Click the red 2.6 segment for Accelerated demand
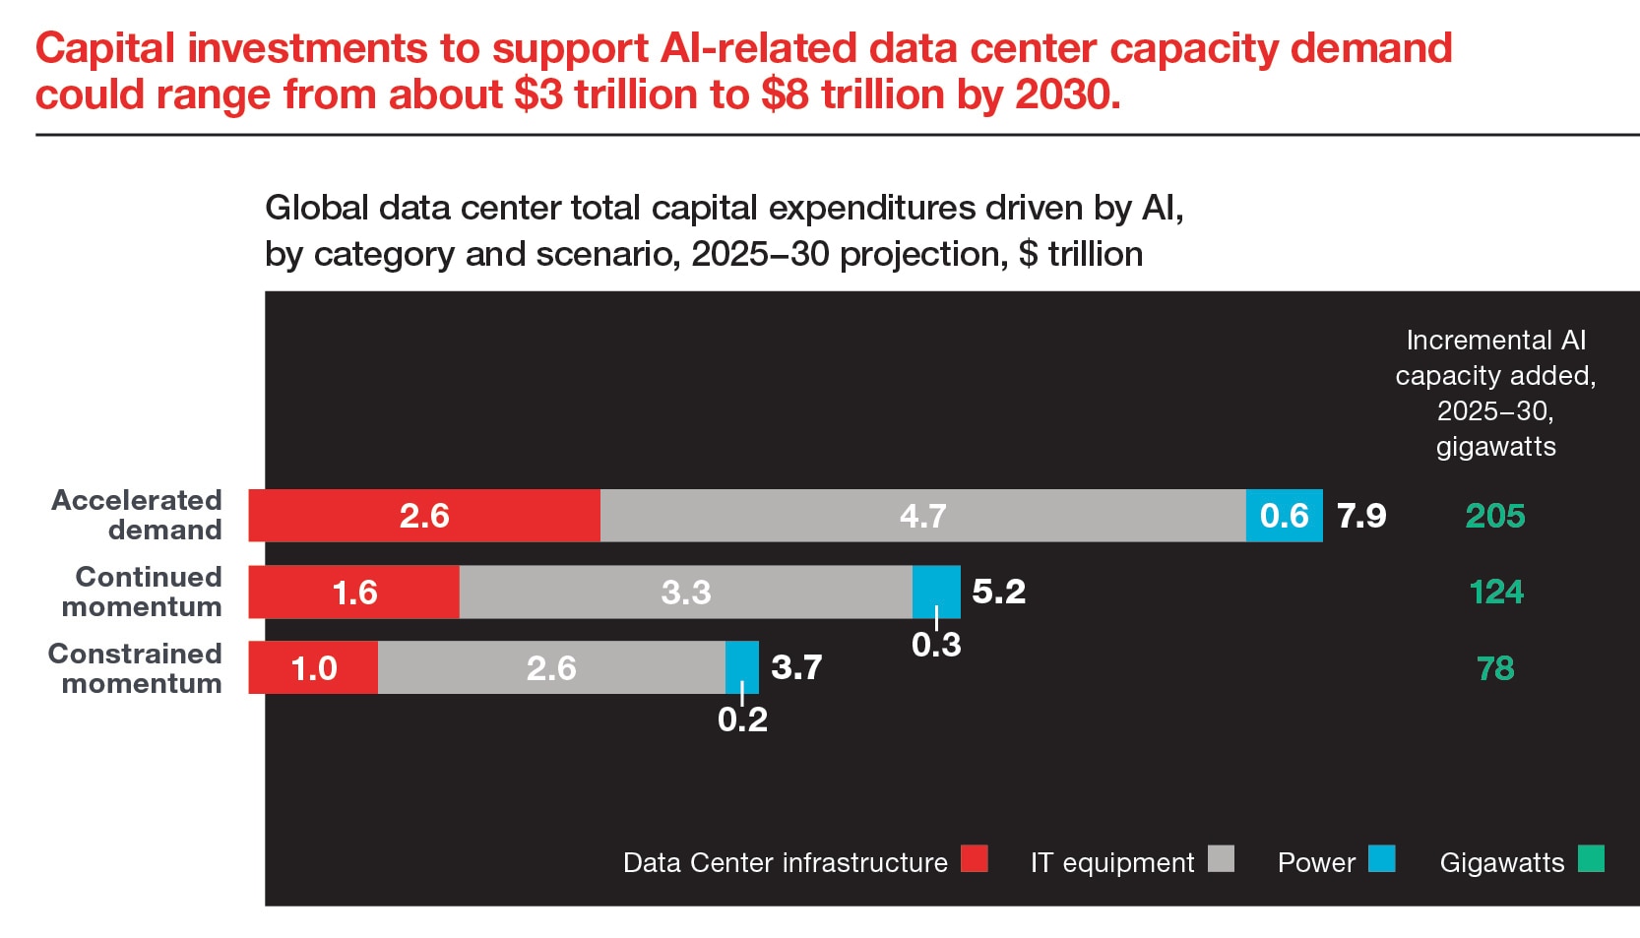[424, 516]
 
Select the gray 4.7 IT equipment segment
[922, 516]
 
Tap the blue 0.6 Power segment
[1284, 516]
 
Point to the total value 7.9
[1361, 516]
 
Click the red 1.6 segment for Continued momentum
[354, 593]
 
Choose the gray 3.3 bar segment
[685, 593]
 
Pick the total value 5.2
[998, 592]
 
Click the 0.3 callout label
[936, 645]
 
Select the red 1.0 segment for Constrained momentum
[314, 668]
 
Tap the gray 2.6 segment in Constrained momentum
[551, 668]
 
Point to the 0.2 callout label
[742, 720]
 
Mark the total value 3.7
[796, 667]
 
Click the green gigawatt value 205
[1494, 516]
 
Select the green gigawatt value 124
[1495, 593]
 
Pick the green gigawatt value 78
[1495, 668]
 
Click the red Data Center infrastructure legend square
[975, 858]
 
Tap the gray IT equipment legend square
[1221, 858]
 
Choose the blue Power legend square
[1382, 858]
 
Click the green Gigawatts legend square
[1591, 858]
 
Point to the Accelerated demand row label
[137, 515]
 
